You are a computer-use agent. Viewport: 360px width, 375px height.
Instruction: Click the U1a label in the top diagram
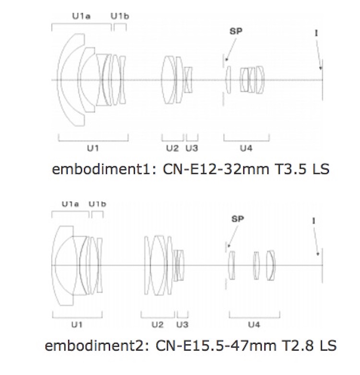click(x=81, y=16)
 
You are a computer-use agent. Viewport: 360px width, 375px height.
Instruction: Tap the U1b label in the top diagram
click(x=120, y=16)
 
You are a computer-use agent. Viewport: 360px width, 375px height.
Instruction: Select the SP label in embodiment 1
click(x=236, y=31)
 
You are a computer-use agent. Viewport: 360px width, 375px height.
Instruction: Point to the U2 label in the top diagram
click(x=172, y=148)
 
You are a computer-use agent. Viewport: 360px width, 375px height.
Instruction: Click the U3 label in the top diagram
click(x=192, y=148)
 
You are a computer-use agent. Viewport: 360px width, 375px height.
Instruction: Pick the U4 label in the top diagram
click(x=246, y=148)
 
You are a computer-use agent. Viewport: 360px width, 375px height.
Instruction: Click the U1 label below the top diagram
click(x=93, y=148)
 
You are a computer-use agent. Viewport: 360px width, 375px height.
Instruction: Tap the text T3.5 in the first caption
click(x=291, y=169)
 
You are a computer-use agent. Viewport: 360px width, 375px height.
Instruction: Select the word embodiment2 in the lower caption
click(x=95, y=346)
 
